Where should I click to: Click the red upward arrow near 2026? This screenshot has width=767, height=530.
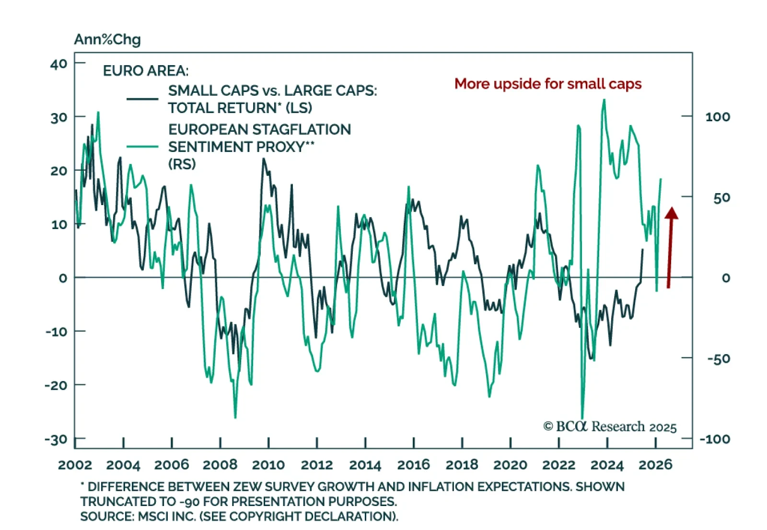coord(670,247)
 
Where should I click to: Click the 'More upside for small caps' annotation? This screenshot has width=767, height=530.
coord(547,84)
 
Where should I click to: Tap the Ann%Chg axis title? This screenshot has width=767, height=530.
coord(107,39)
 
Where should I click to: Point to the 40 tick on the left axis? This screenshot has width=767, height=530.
coord(59,64)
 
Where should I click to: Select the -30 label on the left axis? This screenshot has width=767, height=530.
coord(57,439)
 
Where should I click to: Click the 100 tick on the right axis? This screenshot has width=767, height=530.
coord(717,116)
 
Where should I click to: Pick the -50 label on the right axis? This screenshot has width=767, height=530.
coord(718,358)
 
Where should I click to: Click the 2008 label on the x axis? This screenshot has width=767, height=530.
coord(220,464)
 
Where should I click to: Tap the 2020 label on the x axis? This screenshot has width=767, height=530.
coord(510,464)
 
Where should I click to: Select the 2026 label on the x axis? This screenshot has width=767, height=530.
coord(655,464)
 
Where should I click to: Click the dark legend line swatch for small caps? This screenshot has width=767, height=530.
coord(142,99)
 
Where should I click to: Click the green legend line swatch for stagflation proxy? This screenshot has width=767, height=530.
coord(142,147)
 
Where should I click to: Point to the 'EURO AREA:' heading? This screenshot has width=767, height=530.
coord(146,71)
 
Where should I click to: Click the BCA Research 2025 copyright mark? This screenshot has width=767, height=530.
coord(610,426)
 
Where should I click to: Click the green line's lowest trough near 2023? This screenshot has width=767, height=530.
coord(582,418)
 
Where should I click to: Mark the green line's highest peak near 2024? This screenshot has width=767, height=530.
coord(604,100)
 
